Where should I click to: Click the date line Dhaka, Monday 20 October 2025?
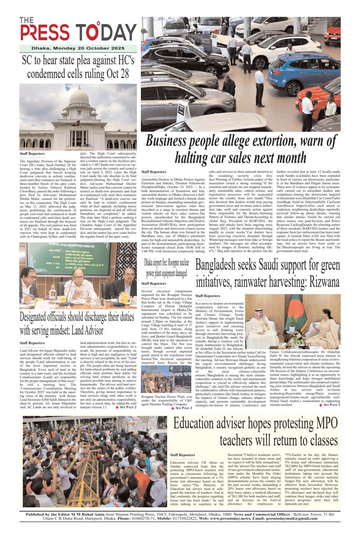pyautogui.click(x=78, y=48)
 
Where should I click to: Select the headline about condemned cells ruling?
pyautogui.click(x=78, y=67)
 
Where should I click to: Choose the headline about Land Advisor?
pyautogui.click(x=77, y=323)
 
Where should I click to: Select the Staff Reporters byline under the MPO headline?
pyautogui.click(x=182, y=455)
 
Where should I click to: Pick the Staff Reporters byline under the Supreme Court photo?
pyautogui.click(x=32, y=154)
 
